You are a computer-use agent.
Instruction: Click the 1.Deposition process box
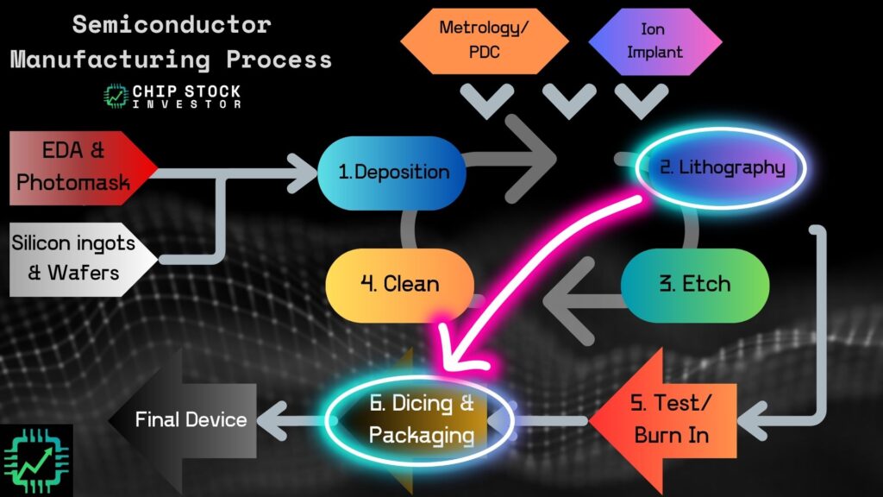coord(392,172)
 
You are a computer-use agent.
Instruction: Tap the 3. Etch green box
coord(694,284)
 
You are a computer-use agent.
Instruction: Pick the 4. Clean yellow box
coord(399,283)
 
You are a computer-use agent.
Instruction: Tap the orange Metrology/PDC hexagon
coord(485,40)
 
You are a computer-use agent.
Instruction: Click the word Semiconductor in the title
coord(171,24)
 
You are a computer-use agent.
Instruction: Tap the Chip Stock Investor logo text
coord(186,96)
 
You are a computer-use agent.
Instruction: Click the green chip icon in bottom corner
coord(37,460)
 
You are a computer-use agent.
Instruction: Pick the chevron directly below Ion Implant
coord(639,102)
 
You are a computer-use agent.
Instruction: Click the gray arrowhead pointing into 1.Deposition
coord(304,172)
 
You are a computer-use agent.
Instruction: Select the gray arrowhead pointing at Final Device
coord(278,420)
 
